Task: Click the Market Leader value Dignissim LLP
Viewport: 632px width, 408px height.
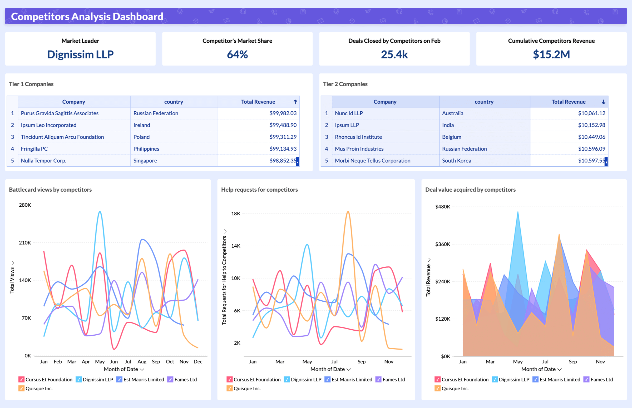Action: [80, 54]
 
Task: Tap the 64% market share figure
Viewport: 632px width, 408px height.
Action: [237, 54]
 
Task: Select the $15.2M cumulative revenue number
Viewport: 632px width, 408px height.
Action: [551, 54]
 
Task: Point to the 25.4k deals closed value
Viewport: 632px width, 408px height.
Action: [394, 54]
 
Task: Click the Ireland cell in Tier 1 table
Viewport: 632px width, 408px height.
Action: [142, 125]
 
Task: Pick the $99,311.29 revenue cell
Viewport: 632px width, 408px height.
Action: [283, 137]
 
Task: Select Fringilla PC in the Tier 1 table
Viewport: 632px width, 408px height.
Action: [34, 149]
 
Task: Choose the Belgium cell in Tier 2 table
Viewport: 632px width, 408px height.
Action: [452, 137]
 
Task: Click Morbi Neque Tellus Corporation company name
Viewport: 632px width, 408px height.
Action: [372, 161]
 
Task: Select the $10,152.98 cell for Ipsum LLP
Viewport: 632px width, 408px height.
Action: [591, 125]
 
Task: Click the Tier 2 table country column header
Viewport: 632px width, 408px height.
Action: [484, 102]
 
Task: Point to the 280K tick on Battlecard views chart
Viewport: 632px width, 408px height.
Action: [25, 205]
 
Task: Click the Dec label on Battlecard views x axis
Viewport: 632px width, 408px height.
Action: [198, 362]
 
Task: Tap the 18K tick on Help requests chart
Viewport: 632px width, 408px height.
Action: [236, 213]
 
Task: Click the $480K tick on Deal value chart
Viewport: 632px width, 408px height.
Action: [443, 207]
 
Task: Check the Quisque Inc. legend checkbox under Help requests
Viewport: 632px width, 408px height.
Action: [229, 389]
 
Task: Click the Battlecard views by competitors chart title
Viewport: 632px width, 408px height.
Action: [50, 190]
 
